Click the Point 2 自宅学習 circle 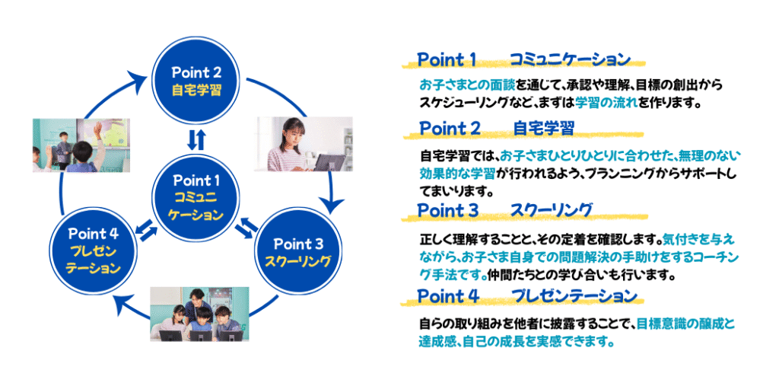tap(196, 81)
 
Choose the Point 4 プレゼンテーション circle tap(94, 249)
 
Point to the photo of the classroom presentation tap(81, 145)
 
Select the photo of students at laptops tap(199, 314)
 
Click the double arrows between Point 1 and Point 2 tap(196, 140)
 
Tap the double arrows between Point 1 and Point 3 tap(246, 228)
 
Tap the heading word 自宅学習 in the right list tap(543, 129)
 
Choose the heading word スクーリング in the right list tap(551, 210)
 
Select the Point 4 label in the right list tap(448, 296)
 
